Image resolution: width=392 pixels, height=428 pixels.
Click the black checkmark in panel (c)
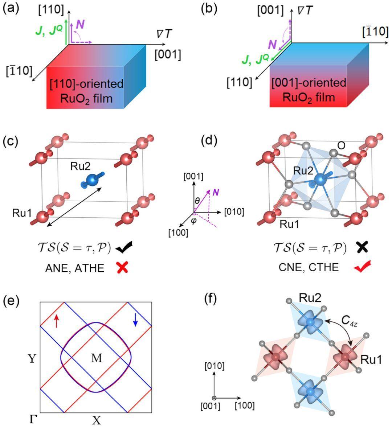pos(124,248)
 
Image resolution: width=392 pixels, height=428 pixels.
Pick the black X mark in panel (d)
pos(363,248)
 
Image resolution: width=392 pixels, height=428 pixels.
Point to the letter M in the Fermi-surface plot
pos(97,358)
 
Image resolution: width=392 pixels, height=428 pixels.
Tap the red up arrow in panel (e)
pos(56,321)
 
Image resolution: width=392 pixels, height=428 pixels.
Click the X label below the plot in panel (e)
pos(96,420)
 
